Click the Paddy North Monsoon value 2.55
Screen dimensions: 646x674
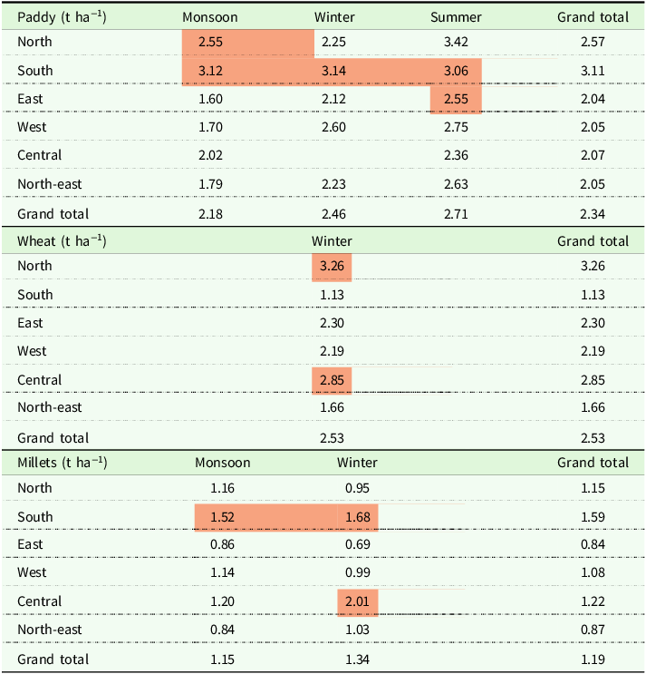pos(210,42)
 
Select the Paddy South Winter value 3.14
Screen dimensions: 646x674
pos(333,71)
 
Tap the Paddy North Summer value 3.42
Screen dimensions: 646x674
pos(456,42)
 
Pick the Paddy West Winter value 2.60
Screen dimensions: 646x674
pos(333,127)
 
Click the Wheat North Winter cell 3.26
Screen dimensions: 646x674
pos(332,266)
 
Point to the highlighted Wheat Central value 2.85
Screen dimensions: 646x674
pos(332,380)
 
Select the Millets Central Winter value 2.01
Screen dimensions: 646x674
pos(357,601)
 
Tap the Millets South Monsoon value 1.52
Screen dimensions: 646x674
pos(222,517)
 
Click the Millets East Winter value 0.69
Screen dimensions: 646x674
pos(357,544)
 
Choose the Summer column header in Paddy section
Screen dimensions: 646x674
pos(456,17)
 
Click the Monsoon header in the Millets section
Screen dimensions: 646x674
pos(222,463)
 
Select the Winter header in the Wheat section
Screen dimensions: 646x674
pos(332,241)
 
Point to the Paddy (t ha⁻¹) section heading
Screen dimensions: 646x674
pos(62,17)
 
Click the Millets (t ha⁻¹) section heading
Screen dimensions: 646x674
pos(63,463)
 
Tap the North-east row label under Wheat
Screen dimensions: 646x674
pos(49,407)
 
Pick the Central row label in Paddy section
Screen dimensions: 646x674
pos(40,155)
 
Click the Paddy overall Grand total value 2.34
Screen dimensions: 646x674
pos(593,214)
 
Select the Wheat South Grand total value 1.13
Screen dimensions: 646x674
pos(593,295)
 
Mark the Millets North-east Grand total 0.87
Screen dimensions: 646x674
pos(593,630)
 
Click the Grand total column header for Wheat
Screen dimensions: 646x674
pos(593,241)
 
